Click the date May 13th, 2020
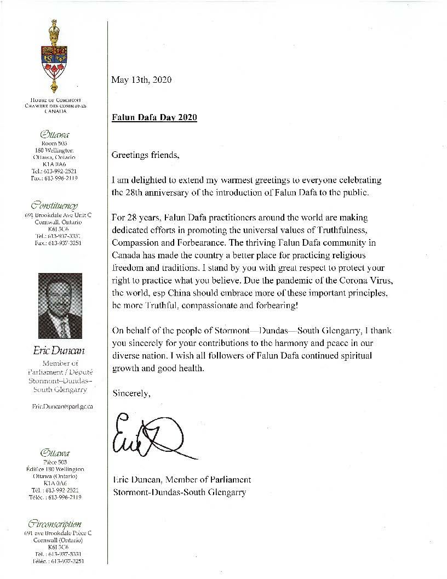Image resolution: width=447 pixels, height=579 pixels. click(141, 80)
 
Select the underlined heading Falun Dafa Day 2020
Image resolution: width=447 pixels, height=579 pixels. click(154, 117)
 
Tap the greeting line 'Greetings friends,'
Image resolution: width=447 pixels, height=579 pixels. click(145, 155)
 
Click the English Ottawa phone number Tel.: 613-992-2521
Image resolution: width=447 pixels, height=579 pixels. click(60, 171)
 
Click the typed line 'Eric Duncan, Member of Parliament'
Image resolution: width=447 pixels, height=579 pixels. click(181, 480)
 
